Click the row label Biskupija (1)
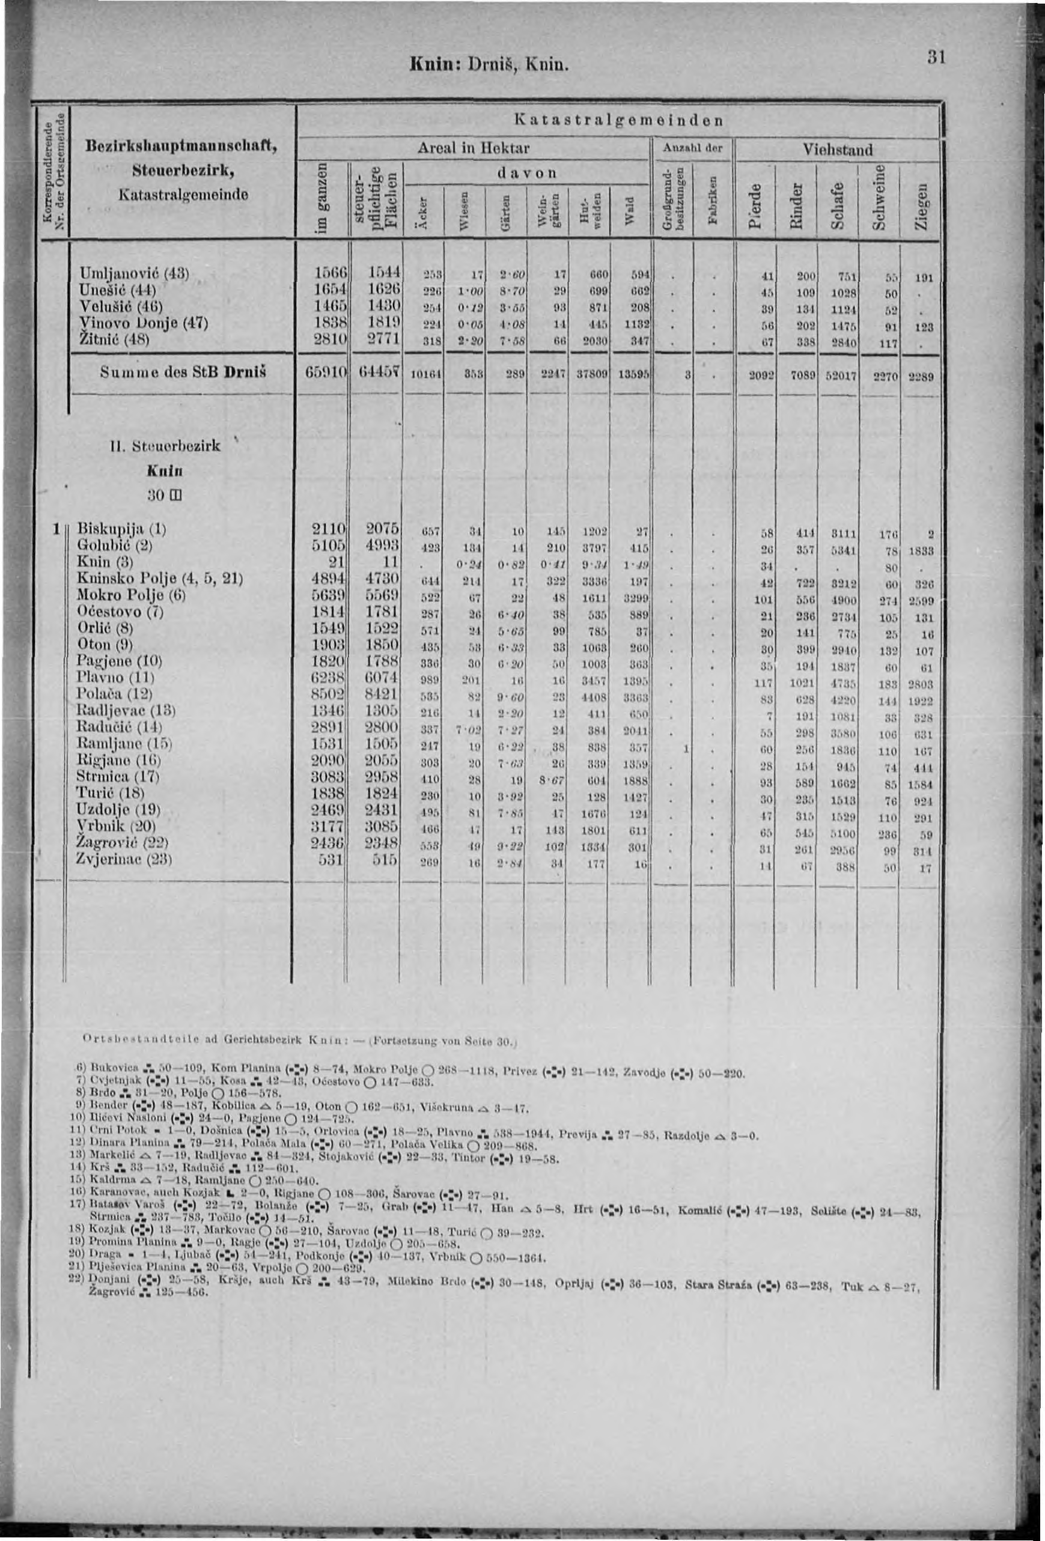(121, 529)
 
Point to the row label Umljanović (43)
(133, 273)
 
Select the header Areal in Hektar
(474, 148)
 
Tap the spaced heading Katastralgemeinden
(617, 121)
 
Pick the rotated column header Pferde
(756, 207)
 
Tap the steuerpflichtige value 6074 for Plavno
(380, 677)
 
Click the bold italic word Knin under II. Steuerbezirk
(165, 471)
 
